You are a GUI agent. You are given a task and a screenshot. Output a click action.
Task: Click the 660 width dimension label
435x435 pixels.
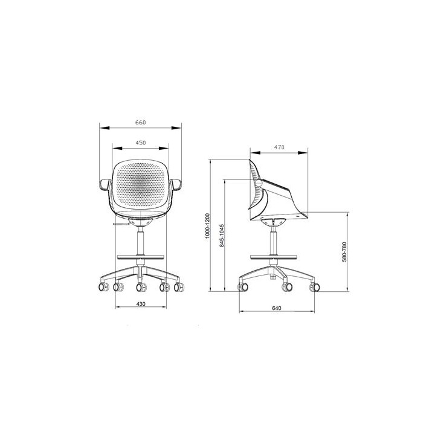pos(140,122)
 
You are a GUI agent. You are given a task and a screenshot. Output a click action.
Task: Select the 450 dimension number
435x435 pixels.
pos(140,143)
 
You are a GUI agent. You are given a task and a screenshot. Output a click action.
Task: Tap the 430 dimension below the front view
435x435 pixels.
pos(141,304)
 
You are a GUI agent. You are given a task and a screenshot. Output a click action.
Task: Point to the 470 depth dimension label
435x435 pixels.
pos(279,147)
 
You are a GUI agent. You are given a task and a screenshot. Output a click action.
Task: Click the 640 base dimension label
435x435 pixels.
pos(277,308)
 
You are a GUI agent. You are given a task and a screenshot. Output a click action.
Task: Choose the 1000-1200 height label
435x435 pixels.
pos(207,226)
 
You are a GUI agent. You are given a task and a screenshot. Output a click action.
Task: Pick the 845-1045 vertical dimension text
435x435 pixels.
pos(222,236)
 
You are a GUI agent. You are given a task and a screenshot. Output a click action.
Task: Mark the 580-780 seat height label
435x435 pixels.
pos(344,252)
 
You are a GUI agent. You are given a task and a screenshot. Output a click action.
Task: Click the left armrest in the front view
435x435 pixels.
pos(105,184)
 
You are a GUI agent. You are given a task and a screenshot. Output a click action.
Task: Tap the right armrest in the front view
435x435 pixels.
pos(176,184)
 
